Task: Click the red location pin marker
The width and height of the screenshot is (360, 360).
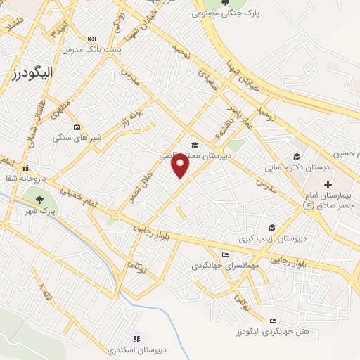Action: point(181,166)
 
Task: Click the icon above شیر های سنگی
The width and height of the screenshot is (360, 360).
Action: point(76,129)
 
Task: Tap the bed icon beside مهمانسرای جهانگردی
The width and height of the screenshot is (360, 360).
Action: point(224,255)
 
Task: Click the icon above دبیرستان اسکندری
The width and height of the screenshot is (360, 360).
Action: point(136,338)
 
